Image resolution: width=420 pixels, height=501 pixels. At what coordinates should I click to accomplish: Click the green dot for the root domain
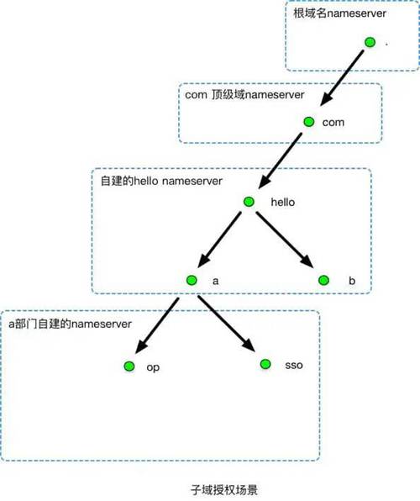(370, 42)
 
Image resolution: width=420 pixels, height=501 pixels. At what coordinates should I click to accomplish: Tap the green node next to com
(309, 122)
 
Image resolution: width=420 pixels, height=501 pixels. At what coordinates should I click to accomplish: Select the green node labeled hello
(249, 202)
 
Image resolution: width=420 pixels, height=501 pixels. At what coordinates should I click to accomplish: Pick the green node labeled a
(192, 280)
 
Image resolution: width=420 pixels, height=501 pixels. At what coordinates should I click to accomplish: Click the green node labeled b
(323, 280)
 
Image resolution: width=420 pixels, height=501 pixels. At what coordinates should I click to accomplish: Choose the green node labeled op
(129, 367)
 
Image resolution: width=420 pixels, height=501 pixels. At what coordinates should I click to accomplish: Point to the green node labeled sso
(265, 364)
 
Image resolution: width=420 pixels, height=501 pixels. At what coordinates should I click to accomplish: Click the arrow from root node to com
(342, 77)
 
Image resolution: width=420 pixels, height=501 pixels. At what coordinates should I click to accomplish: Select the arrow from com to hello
(280, 161)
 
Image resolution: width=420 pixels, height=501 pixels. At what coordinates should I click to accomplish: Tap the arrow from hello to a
(219, 240)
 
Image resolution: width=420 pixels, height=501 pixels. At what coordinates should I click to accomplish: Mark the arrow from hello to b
(285, 240)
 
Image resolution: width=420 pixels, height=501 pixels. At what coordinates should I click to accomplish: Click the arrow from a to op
(157, 325)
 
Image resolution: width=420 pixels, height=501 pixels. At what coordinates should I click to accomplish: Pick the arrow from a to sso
(227, 324)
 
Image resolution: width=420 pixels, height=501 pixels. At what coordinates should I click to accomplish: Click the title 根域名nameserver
(340, 13)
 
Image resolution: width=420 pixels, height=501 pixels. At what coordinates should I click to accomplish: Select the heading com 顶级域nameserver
(244, 95)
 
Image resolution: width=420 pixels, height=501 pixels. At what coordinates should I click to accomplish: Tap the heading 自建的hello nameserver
(161, 182)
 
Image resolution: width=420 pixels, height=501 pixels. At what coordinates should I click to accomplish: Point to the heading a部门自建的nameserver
(70, 324)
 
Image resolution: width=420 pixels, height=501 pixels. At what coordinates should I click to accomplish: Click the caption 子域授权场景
(224, 489)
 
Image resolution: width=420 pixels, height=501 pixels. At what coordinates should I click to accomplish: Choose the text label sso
(294, 365)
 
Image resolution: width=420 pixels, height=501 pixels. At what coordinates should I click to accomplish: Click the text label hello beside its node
(283, 202)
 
